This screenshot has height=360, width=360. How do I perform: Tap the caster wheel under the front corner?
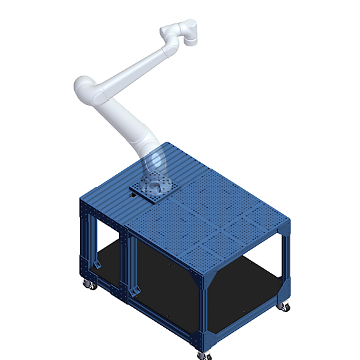point(206,354)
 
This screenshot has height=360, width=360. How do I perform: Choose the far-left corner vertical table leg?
point(85,241)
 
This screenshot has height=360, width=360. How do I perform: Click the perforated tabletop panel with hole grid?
point(215,221)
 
